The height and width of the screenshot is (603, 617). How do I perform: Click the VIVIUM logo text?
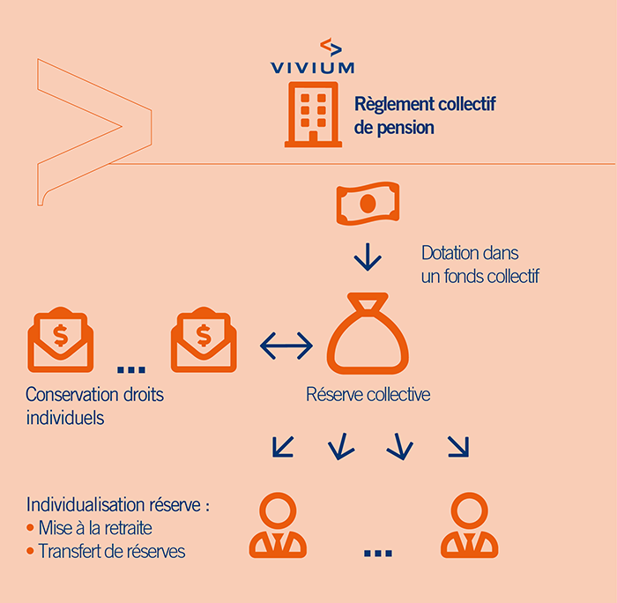point(312,66)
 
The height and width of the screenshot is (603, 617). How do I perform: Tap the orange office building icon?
point(312,114)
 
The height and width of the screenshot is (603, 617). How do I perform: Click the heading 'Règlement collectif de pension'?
point(425,115)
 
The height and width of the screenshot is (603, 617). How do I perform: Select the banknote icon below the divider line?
point(367,204)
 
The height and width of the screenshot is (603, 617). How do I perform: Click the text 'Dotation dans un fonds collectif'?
point(479,264)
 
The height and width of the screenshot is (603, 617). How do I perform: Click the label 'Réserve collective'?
point(368,395)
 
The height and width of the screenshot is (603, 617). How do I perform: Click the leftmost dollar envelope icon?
point(61,339)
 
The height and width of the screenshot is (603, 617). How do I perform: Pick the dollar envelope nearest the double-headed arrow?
point(204,339)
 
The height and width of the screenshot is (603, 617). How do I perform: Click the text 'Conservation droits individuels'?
point(94,406)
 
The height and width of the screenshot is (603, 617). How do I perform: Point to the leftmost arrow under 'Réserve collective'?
point(283,447)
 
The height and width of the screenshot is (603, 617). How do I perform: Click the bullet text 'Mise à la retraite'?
point(94,529)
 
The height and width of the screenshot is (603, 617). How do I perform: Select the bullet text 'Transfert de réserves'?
point(106,552)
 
